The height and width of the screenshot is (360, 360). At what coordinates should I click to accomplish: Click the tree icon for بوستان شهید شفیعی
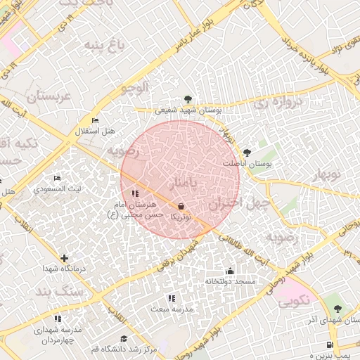pyautogui.click(x=188, y=99)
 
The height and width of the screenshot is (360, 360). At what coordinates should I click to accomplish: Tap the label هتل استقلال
pyautogui.click(x=95, y=131)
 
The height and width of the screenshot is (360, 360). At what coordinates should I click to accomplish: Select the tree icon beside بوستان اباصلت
pyautogui.click(x=246, y=153)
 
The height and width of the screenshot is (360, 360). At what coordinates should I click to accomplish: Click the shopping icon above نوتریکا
pyautogui.click(x=182, y=207)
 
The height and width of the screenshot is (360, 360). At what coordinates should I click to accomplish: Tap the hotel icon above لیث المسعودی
pyautogui.click(x=57, y=179)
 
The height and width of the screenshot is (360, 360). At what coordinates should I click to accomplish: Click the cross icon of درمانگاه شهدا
pyautogui.click(x=65, y=259)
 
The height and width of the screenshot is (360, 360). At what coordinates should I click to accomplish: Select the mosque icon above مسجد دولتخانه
pyautogui.click(x=230, y=271)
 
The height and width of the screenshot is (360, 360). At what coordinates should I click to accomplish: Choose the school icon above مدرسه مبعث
pyautogui.click(x=172, y=299)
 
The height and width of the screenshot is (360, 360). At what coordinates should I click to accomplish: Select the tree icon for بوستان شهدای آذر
pyautogui.click(x=337, y=309)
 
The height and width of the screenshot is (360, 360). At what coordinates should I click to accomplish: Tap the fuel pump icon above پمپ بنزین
pyautogui.click(x=330, y=345)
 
